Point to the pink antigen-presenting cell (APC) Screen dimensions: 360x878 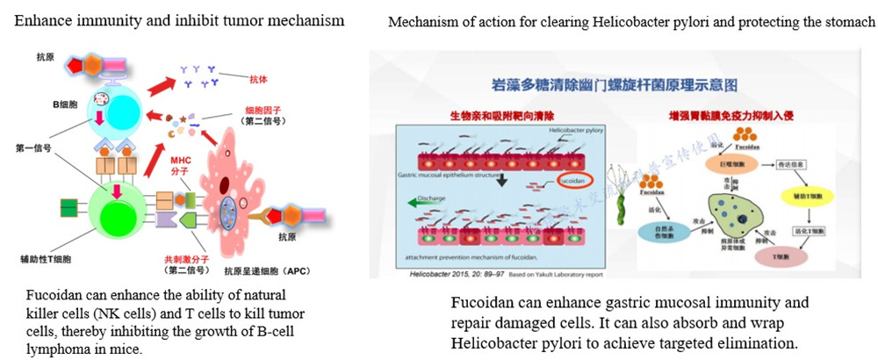click(230, 198)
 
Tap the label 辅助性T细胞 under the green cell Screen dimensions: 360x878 click(44, 261)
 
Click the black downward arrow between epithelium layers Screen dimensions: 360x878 click(503, 179)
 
